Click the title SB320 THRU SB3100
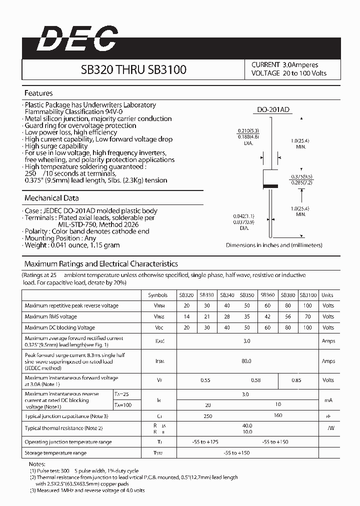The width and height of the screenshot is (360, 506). tap(133, 69)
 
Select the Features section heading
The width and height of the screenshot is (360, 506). tap(38, 93)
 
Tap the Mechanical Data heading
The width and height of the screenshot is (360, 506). tap(51, 198)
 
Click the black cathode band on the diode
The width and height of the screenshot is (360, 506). tap(270, 186)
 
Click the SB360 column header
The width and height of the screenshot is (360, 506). tap(268, 295)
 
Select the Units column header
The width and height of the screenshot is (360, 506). tap(327, 295)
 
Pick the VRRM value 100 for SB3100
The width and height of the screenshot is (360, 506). tap(307, 305)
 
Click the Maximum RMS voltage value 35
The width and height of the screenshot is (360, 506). tap(247, 316)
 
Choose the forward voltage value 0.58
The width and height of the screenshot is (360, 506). tap(256, 380)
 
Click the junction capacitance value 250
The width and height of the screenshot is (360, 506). tap(208, 416)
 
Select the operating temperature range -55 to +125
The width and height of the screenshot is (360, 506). tap(205, 442)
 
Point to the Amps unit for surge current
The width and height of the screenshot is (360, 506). tap(328, 361)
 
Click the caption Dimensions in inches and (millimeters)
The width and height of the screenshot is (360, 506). tap(274, 245)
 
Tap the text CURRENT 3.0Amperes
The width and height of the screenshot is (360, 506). tap(284, 65)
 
